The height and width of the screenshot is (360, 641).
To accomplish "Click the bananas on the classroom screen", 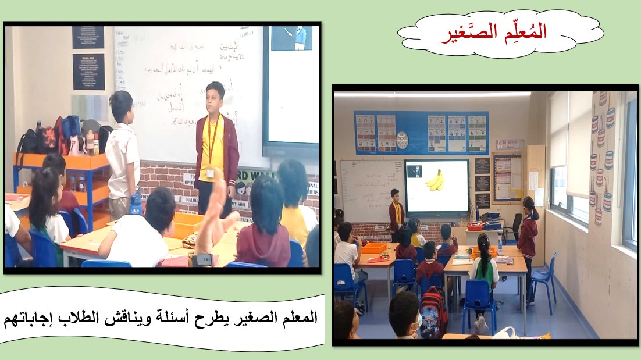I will tap(435, 181).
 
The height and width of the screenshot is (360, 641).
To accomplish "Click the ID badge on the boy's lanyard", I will tap(210, 173).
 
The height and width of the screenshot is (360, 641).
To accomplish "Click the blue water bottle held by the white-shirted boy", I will tap(135, 204).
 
